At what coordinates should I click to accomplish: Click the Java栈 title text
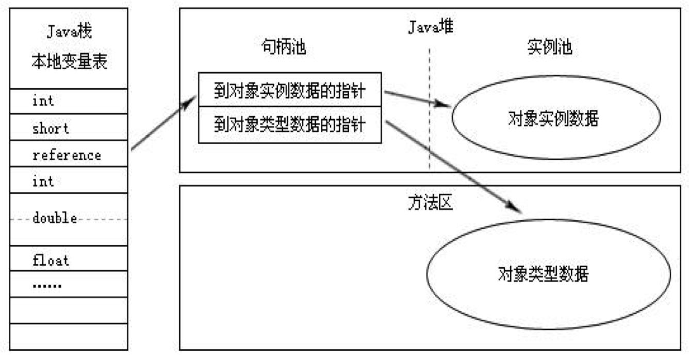pos(69,31)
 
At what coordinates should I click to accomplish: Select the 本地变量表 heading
pos(69,61)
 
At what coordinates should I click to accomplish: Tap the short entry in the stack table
pos(51,128)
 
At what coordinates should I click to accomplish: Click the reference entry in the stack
pos(67,155)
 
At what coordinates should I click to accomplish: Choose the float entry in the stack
pos(51,260)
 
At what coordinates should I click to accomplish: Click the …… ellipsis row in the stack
pos(47,286)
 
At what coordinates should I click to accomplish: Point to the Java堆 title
pos(430,27)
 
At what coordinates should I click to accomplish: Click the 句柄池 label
pos(284,47)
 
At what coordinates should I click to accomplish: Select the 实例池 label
pos(550,47)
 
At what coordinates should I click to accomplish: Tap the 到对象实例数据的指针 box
pos(290,90)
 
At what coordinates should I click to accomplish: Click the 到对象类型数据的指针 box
pos(290,125)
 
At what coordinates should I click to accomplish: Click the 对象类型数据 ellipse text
pos(543,274)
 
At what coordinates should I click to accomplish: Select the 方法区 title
pos(430,203)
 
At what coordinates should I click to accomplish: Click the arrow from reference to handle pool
pos(164,123)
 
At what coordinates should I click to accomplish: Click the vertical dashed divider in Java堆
pos(430,109)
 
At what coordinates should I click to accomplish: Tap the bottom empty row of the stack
pos(69,337)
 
